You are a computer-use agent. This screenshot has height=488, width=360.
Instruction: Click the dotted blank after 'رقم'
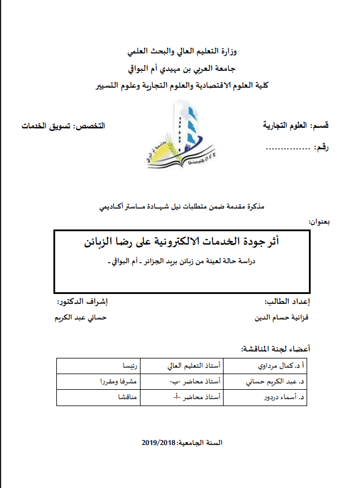tap(287, 149)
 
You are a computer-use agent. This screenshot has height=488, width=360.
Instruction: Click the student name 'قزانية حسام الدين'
tap(285, 318)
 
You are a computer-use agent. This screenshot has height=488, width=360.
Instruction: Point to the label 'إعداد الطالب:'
tap(287, 302)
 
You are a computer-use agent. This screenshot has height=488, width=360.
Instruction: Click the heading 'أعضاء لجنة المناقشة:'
tap(275, 349)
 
